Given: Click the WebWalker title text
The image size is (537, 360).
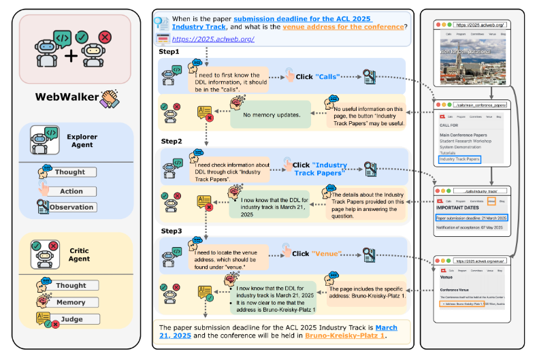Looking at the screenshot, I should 65,96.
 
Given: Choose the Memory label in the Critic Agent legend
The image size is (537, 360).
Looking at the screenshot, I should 71,302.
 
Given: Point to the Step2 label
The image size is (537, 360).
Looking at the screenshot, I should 170,141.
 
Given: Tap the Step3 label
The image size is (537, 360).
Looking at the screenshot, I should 170,231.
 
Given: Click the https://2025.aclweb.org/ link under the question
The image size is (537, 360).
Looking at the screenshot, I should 206,39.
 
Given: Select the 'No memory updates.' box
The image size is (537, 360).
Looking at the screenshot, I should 272,115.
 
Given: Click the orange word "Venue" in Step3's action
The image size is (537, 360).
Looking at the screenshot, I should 325,254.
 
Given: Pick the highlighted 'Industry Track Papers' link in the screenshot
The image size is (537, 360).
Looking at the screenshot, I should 459,159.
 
